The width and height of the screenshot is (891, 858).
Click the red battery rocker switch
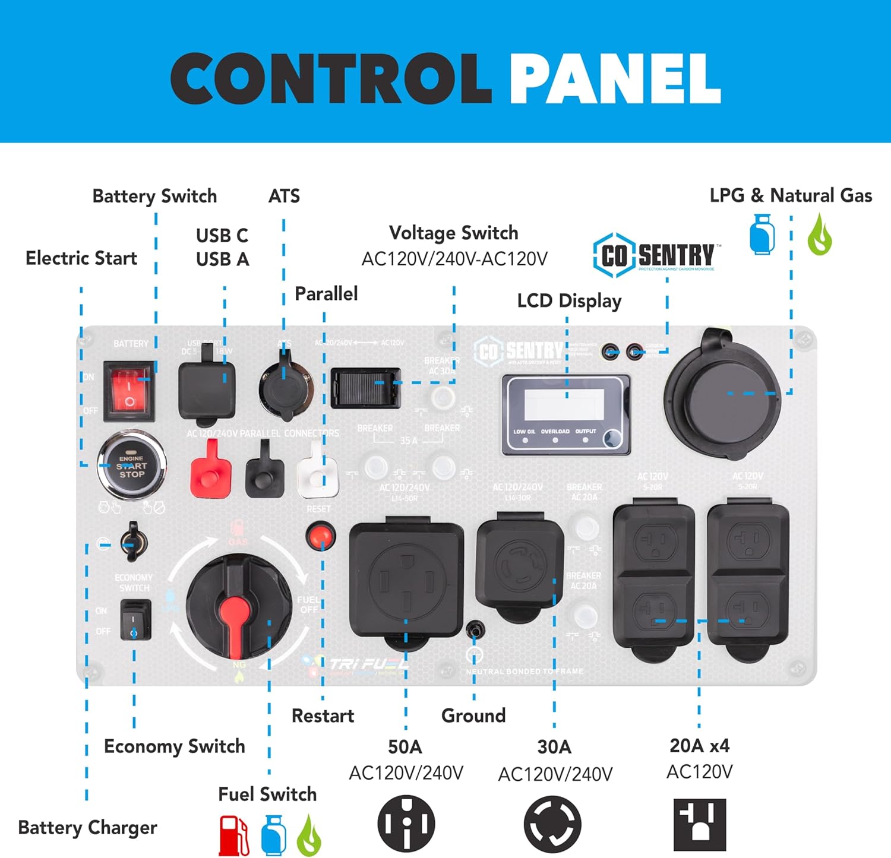point(129,391)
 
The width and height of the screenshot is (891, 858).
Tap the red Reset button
point(321,536)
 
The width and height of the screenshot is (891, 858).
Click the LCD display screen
point(564,404)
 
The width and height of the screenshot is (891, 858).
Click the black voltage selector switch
point(365,388)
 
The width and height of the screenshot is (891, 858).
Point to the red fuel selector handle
point(235,618)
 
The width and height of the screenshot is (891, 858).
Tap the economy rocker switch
point(135,620)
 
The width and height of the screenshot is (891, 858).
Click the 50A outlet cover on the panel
point(406,581)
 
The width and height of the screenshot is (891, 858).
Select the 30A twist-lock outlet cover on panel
point(520,568)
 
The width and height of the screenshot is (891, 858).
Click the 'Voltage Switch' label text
point(453,233)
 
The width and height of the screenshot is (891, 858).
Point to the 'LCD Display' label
point(569,301)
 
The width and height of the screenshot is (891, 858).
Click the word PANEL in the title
point(615,79)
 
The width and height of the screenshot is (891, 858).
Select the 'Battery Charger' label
point(88,827)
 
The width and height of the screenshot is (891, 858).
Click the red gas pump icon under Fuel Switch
point(233,835)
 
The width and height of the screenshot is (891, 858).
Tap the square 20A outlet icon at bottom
point(700,825)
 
